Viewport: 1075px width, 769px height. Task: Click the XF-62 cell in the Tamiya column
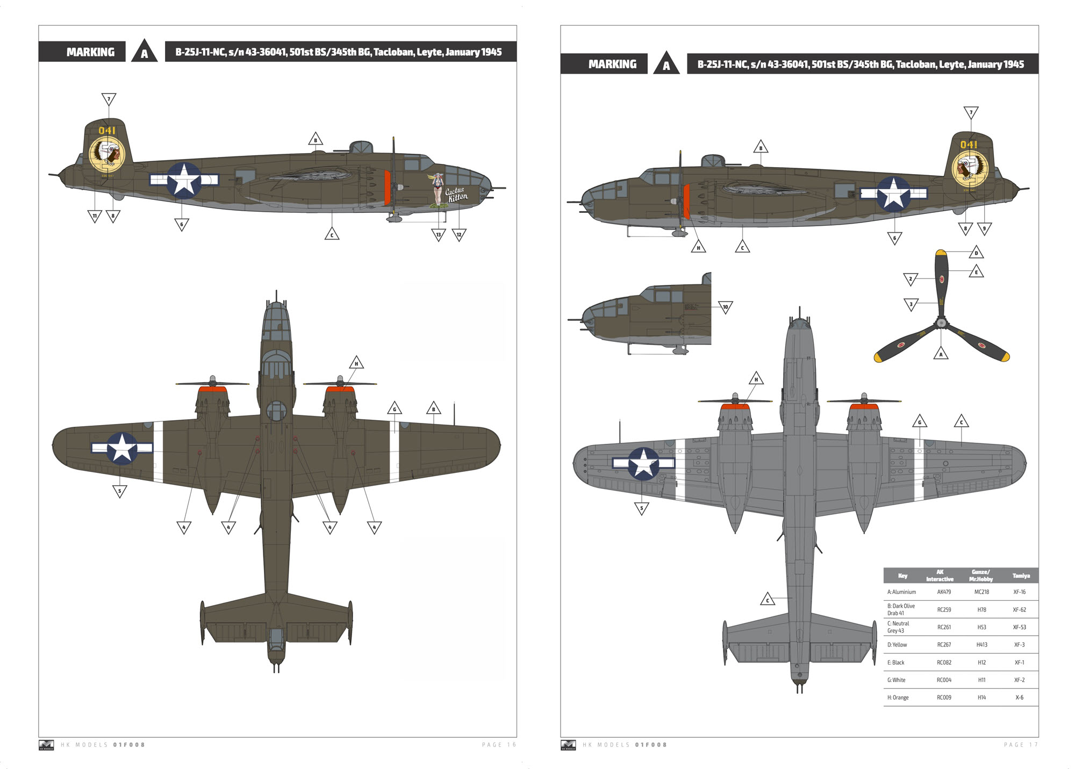1019,609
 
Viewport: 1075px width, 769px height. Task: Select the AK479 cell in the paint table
944,592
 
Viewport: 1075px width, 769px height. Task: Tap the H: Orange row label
898,698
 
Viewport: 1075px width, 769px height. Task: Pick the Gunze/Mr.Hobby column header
981,576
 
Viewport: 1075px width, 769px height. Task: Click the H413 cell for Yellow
981,644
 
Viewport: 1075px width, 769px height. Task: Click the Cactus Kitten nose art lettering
456,195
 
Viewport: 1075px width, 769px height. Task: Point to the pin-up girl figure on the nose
439,189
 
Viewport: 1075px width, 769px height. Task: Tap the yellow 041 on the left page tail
107,131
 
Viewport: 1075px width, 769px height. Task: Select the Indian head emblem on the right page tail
970,168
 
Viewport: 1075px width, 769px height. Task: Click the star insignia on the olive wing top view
122,448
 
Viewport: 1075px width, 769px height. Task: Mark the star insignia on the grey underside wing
643,463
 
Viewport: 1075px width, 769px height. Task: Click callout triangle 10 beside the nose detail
725,307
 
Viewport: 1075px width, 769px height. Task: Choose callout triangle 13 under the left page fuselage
439,234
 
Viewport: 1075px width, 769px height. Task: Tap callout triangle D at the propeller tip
976,253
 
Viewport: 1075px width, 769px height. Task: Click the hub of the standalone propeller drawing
941,323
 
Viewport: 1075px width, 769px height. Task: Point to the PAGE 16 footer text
499,745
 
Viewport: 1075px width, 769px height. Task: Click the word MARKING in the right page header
612,64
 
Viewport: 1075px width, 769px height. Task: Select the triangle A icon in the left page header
144,53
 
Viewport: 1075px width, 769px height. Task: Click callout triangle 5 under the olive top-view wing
119,491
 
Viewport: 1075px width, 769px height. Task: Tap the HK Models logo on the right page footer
568,745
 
